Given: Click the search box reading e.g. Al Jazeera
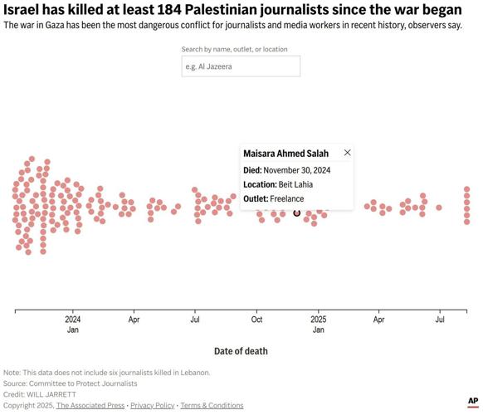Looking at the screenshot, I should (241, 66).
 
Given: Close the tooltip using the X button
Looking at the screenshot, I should (347, 153).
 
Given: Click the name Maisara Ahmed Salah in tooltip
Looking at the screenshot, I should (285, 154).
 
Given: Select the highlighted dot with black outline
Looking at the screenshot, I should (297, 213).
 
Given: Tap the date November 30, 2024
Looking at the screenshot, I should (297, 170).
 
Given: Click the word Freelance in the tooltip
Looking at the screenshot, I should (287, 199).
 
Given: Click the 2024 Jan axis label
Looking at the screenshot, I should (73, 324).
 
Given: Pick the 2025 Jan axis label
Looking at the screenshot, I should (319, 324).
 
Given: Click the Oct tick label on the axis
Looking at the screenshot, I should (257, 319).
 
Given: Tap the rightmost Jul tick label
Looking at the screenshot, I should (440, 319).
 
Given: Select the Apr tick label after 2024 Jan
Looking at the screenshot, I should (134, 319).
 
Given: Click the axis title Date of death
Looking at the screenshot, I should (241, 351).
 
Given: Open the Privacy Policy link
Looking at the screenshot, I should (152, 405).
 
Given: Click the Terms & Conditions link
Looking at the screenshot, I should (212, 405).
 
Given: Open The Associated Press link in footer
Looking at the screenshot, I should (90, 405).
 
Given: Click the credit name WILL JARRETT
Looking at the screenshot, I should (52, 394).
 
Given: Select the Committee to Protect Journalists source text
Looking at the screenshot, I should (83, 383).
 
